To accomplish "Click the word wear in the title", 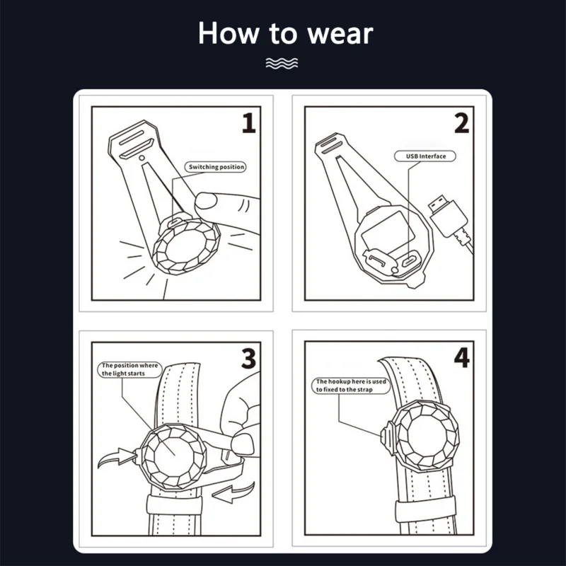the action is click(340, 34).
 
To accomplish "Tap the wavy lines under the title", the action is click(282, 63).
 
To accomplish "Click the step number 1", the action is click(249, 123).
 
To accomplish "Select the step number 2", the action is click(462, 123).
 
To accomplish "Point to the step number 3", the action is click(249, 359).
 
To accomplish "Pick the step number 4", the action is click(462, 358).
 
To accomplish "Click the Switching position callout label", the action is click(216, 167).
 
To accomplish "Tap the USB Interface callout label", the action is click(425, 156).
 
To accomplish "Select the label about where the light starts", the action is click(130, 369).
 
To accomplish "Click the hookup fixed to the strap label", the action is click(351, 386).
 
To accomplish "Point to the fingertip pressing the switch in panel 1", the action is click(206, 201).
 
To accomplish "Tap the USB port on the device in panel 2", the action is click(410, 260).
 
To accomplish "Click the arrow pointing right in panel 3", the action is click(117, 457).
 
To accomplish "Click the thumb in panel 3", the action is click(243, 444).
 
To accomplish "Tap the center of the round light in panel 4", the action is click(427, 435).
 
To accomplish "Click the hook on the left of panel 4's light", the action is click(386, 434).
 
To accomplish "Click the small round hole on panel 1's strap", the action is click(142, 158).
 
